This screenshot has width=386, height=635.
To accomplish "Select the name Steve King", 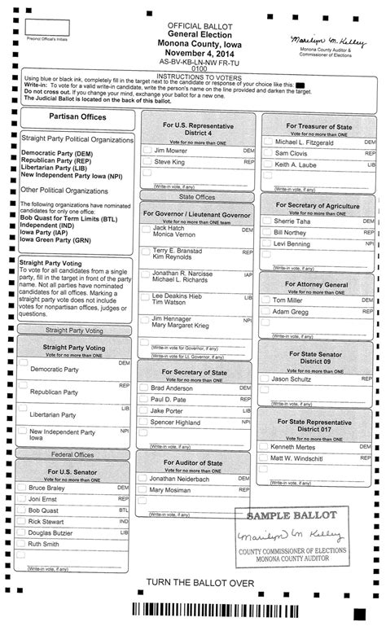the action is pyautogui.click(x=169, y=162).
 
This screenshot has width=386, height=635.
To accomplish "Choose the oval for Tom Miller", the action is pyautogui.click(x=265, y=300).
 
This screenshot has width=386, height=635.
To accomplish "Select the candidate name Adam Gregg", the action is pyautogui.click(x=290, y=311).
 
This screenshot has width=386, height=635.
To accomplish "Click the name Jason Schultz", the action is pyautogui.click(x=292, y=379).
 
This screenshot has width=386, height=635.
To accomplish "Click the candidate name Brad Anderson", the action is pyautogui.click(x=173, y=388).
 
